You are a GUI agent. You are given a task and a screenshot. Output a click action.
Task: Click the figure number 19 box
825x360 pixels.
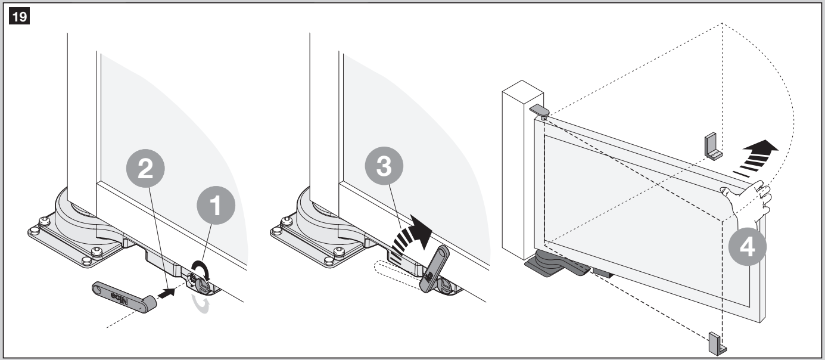coord(19,16)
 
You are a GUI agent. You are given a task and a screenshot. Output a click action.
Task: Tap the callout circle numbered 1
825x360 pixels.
coord(216,205)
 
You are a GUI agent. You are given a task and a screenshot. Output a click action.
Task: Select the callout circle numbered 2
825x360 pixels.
coord(145,169)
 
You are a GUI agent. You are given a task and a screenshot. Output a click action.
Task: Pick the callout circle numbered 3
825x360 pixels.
coord(384,166)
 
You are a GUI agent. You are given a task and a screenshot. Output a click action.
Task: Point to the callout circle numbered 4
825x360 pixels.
coord(748,247)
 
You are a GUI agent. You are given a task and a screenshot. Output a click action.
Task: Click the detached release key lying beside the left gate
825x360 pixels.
coord(124,297)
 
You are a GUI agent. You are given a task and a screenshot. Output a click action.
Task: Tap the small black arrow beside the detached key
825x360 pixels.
coord(166,293)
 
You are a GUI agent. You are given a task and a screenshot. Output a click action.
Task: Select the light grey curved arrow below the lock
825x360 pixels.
coord(201,305)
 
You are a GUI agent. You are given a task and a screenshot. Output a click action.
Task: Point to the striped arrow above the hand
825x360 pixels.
coord(755,159)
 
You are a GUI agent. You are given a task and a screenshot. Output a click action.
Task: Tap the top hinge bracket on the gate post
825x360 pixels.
coord(540,111)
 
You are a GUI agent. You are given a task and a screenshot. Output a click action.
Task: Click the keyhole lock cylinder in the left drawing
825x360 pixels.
coord(203,285)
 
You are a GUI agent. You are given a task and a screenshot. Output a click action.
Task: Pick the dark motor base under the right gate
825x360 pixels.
coord(556,263)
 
